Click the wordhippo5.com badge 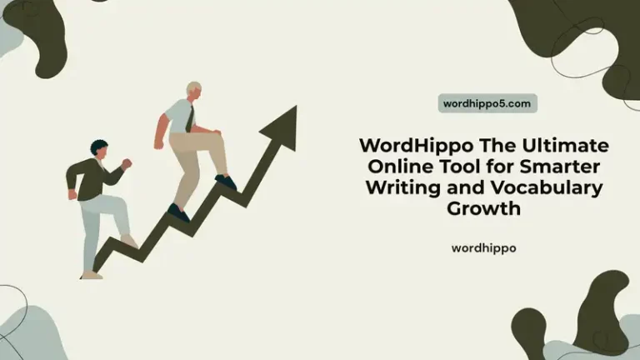487,103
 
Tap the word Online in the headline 395,167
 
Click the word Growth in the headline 483,208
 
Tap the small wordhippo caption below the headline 483,247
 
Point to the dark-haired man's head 99,150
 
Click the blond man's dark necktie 190,118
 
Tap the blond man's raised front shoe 225,181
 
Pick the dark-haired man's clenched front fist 127,163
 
